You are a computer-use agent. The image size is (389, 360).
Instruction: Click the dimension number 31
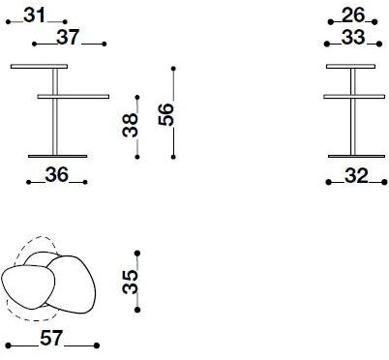[x=35, y=15]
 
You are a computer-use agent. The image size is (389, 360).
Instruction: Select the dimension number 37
[x=68, y=37]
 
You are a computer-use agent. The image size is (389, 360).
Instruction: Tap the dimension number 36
[x=57, y=175]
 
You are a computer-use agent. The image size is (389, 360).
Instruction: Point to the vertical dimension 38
[x=131, y=125]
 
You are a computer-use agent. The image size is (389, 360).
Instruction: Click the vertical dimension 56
[x=165, y=114]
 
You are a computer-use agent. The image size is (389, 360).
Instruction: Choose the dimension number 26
[x=353, y=15]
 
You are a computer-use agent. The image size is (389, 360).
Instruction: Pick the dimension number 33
[x=353, y=37]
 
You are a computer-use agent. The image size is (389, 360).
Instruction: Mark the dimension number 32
[x=356, y=176]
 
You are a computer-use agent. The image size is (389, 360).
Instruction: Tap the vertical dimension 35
[x=131, y=283]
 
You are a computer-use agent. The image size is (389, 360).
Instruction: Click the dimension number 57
[x=51, y=339]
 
